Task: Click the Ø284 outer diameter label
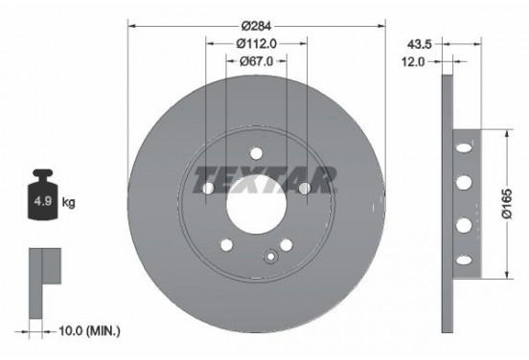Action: (x=256, y=22)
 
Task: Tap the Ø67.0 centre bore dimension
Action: (x=256, y=60)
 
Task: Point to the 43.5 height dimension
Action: (x=418, y=43)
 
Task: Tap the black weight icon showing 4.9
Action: (x=42, y=198)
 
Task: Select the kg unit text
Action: (x=68, y=203)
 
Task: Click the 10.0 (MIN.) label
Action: (x=89, y=331)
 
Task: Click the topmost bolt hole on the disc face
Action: (x=256, y=153)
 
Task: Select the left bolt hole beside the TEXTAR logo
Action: (x=208, y=190)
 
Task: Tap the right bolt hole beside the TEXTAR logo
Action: (x=304, y=190)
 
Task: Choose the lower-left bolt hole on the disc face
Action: (x=226, y=245)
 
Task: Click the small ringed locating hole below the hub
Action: (x=272, y=255)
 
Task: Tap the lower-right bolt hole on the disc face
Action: (x=285, y=245)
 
